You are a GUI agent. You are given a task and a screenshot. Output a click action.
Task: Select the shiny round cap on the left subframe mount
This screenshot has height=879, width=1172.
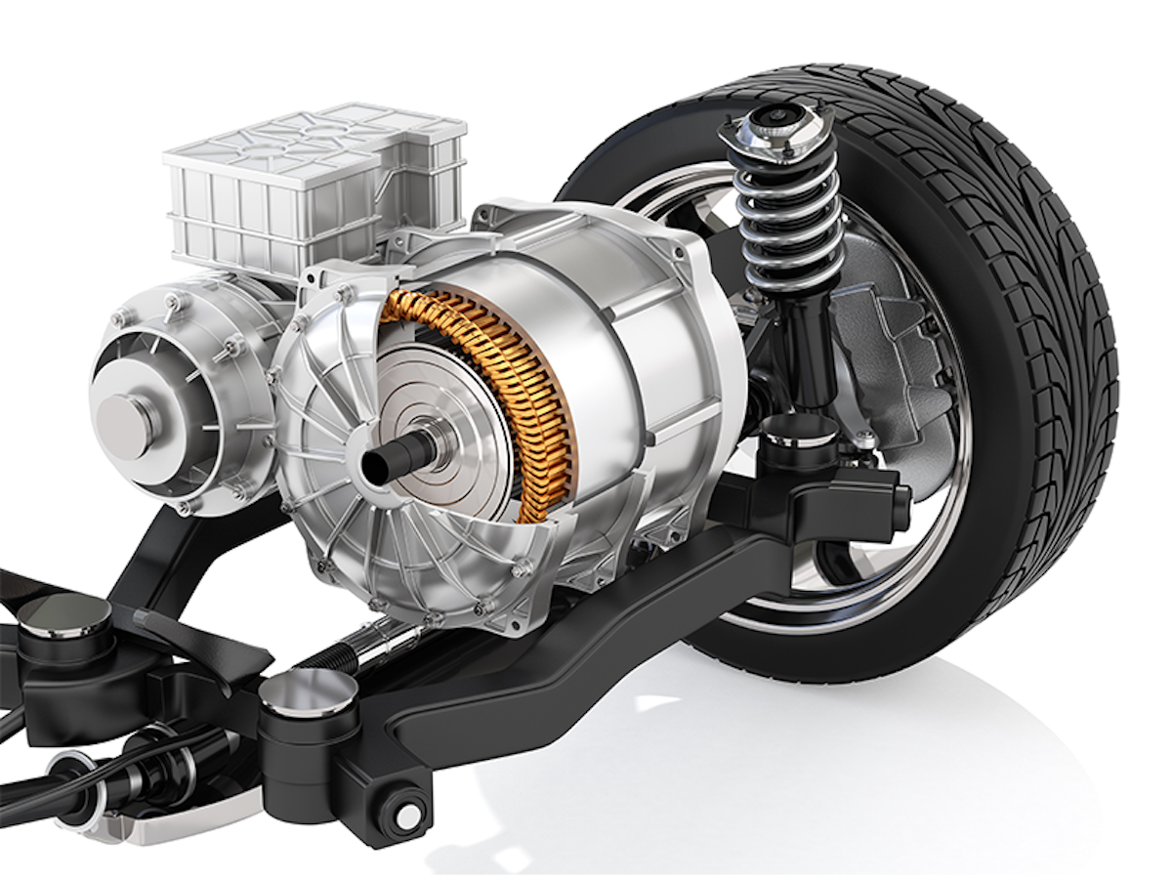point(65,612)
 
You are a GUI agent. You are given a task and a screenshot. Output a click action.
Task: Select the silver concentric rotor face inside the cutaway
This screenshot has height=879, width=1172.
point(439,410)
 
